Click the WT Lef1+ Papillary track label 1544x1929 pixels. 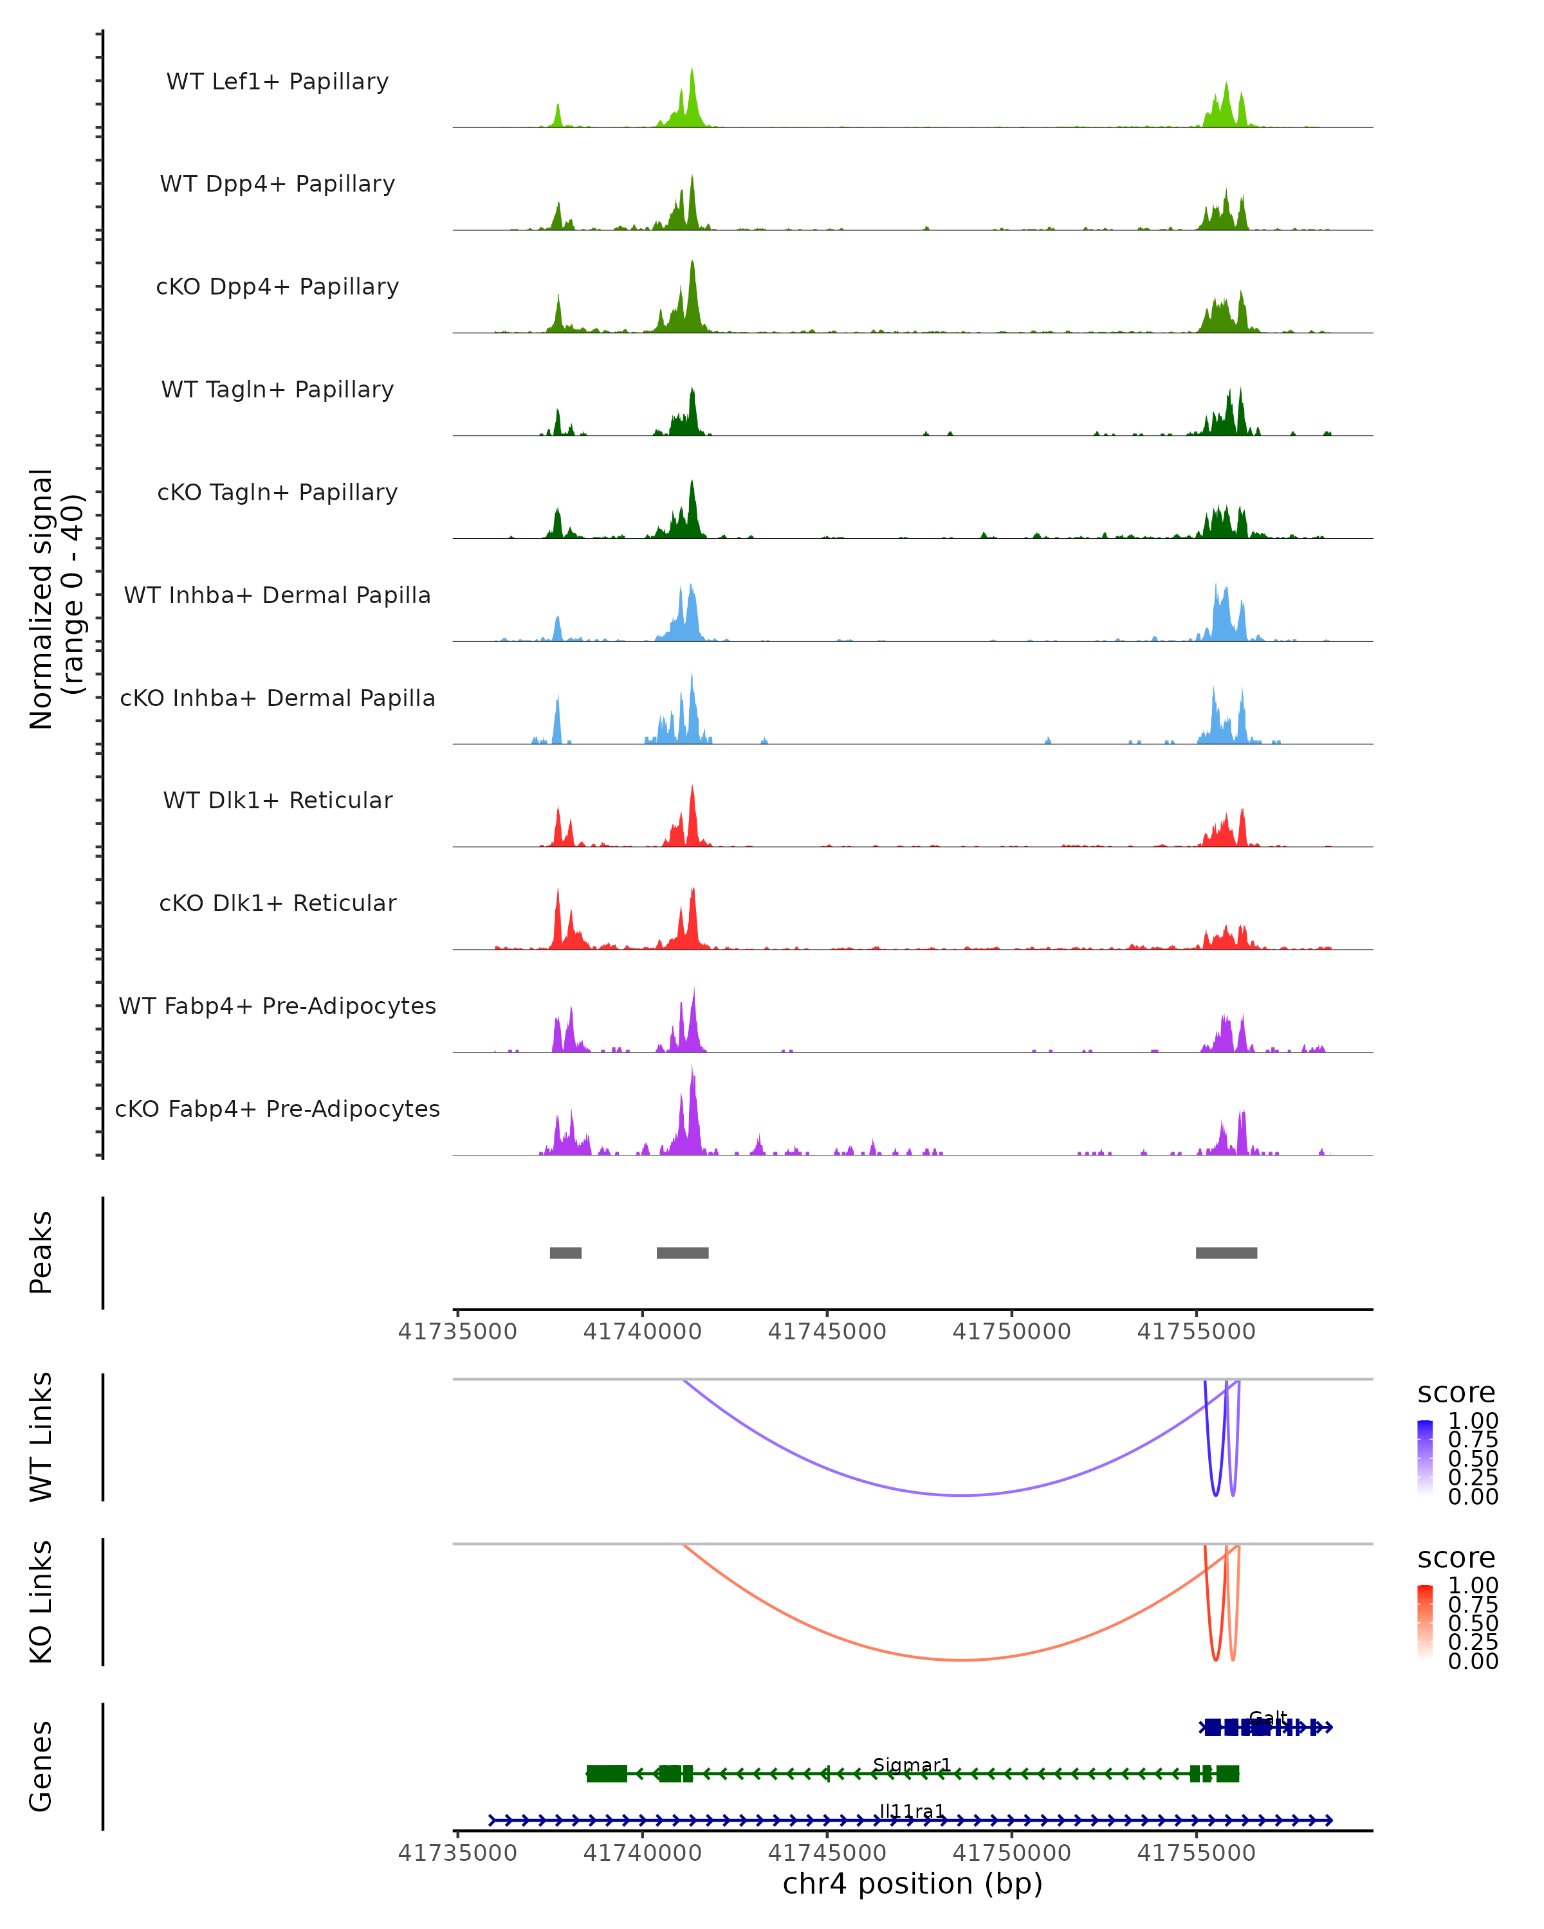pos(277,82)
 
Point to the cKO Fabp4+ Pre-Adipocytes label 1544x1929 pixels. pos(277,1109)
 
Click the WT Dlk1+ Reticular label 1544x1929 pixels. pos(277,800)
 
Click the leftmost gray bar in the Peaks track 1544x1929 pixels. pos(565,1253)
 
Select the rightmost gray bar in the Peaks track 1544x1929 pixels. pos(1226,1253)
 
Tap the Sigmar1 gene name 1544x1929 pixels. pos(911,1764)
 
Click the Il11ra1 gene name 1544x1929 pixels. pos(911,1811)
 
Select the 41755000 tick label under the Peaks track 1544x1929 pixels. pos(1196,1332)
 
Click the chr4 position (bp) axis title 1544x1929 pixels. pos(912,1883)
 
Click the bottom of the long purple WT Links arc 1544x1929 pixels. pos(961,1495)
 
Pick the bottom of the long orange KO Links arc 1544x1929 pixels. pos(961,1660)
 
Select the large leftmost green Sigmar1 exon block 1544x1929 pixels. pos(607,1773)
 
